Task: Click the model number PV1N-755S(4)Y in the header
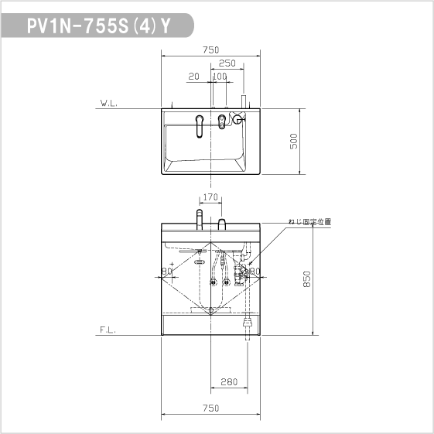99,26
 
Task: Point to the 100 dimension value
219,76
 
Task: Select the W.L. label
108,102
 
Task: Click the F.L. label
108,329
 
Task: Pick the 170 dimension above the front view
210,197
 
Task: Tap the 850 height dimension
307,279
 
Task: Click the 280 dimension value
228,381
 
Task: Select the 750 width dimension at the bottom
210,408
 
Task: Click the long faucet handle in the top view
200,125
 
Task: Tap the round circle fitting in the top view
238,119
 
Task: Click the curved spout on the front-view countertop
199,217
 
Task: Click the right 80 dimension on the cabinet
255,272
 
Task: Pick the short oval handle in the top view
222,119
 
